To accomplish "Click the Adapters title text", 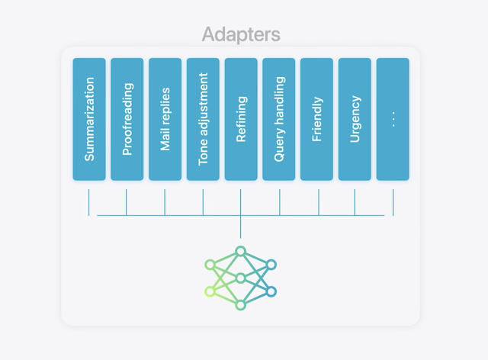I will coord(241,34).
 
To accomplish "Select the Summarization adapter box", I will coord(89,119).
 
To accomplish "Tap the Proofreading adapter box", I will coord(127,119).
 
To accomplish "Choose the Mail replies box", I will coord(165,119).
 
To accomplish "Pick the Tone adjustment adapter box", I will coord(203,119).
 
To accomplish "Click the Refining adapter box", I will coord(241,119).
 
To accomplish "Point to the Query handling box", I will coord(279,119).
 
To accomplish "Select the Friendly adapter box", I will coord(317,119).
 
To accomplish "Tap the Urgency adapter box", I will coord(355,119).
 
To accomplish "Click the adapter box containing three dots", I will coord(393,119).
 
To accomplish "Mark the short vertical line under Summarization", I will coord(89,201).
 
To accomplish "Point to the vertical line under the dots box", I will coord(393,201).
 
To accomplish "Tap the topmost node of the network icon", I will coord(241,251).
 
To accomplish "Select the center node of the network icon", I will coord(241,278).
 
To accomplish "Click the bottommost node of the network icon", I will coord(241,305).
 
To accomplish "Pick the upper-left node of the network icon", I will coord(210,265).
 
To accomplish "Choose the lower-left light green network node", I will coord(210,291).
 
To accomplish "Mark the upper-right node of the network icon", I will coord(271,265).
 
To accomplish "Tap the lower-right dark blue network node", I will coord(271,291).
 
